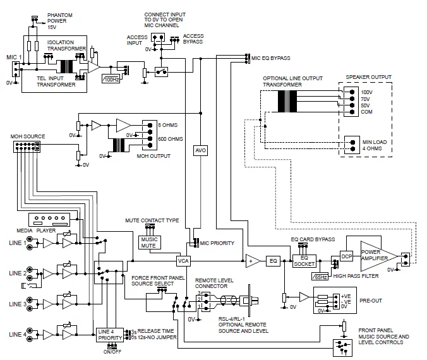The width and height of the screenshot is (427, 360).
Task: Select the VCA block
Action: [183, 260]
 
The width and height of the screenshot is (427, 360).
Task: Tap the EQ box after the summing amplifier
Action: [273, 260]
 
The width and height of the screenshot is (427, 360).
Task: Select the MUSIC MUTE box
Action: [150, 241]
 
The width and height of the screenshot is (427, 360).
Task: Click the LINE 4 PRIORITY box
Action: [111, 334]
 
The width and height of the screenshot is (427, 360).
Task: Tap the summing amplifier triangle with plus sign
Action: [252, 260]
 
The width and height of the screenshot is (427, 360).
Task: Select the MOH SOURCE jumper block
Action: [26, 147]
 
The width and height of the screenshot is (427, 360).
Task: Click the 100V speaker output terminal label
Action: [366, 92]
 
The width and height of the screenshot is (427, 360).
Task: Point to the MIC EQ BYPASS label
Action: [270, 58]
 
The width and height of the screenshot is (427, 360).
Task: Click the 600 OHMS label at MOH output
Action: [170, 138]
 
